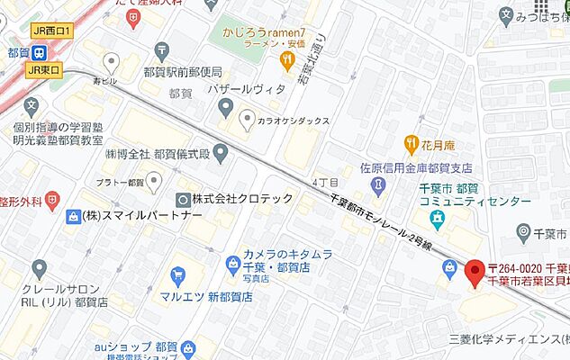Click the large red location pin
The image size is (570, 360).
[x=477, y=270]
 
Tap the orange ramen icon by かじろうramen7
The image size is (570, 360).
[x=287, y=61]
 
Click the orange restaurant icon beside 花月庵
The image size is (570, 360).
[x=413, y=141]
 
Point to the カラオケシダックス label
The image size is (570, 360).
[x=294, y=120]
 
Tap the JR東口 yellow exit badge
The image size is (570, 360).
[x=44, y=69]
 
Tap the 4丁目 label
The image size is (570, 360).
[x=324, y=181]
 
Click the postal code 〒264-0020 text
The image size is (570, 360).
[x=515, y=268]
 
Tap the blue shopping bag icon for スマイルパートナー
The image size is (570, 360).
[x=72, y=217]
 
